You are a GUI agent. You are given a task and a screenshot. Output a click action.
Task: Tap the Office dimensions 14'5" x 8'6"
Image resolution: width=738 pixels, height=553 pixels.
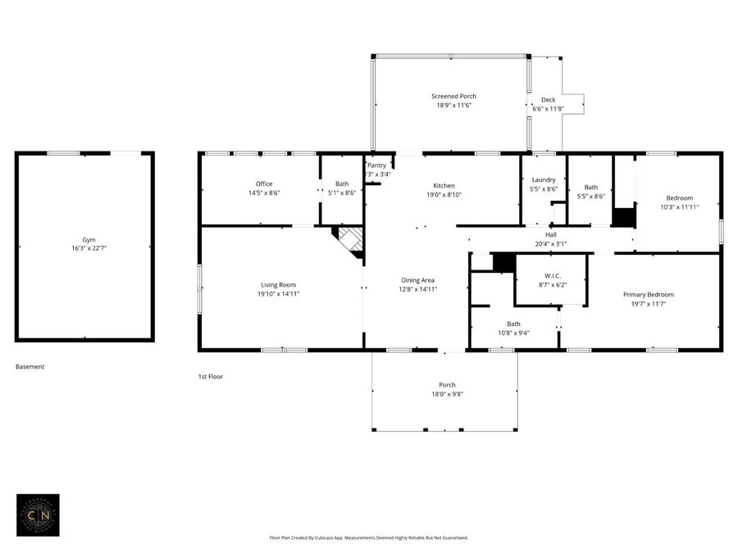pyautogui.click(x=263, y=193)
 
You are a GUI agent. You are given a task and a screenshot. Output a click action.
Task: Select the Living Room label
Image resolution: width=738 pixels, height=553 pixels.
pyautogui.click(x=278, y=284)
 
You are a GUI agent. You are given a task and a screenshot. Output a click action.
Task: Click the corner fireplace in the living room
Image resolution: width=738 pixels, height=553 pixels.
pyautogui.click(x=351, y=242)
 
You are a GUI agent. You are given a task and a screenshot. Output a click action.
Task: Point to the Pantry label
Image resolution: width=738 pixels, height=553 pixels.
pyautogui.click(x=376, y=165)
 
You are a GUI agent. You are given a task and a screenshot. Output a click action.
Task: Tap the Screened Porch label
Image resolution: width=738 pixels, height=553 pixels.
pyautogui.click(x=453, y=96)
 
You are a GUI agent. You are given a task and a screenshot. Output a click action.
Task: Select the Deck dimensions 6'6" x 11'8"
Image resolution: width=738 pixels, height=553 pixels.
pyautogui.click(x=548, y=108)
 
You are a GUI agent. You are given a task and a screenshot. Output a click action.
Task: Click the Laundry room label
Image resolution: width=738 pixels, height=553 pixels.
pyautogui.click(x=544, y=179)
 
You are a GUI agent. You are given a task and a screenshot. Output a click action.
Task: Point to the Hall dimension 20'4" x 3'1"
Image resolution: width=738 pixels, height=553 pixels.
pyautogui.click(x=551, y=243)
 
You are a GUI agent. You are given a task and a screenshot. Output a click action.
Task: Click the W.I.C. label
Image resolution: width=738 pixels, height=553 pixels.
pyautogui.click(x=551, y=274)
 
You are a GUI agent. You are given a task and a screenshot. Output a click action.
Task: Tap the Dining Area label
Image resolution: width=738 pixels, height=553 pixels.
pyautogui.click(x=417, y=279)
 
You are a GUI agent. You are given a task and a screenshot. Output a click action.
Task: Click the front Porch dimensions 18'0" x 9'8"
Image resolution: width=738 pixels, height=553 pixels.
pyautogui.click(x=447, y=394)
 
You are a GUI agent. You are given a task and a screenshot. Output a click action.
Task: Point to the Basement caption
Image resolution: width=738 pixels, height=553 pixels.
pyautogui.click(x=30, y=367)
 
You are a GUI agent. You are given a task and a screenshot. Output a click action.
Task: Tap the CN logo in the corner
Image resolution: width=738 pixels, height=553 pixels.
pyautogui.click(x=38, y=514)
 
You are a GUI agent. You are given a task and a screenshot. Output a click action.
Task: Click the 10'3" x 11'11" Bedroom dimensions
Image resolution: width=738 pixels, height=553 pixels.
pyautogui.click(x=679, y=207)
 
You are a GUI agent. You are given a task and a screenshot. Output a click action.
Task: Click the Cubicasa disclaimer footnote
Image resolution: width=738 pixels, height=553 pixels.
pyautogui.click(x=369, y=537)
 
